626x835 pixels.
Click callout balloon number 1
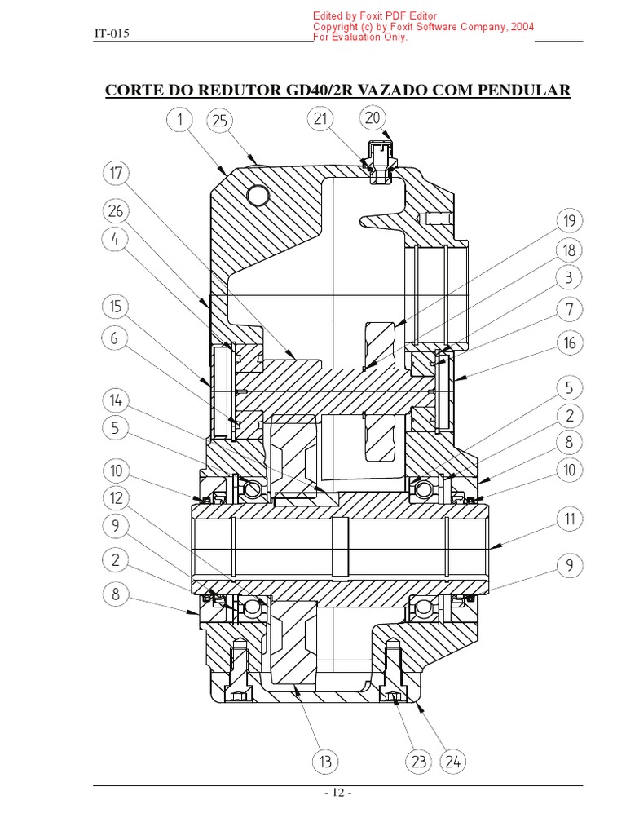pos(179,120)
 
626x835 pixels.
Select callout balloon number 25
pos(218,121)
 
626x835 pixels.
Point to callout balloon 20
pos(373,118)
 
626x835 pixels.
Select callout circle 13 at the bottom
pos(325,762)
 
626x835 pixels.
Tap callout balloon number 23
pos(418,762)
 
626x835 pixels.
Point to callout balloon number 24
pos(453,762)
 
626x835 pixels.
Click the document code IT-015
pos(112,33)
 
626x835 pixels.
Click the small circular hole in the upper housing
pos(258,195)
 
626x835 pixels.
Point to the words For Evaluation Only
pos(360,38)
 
